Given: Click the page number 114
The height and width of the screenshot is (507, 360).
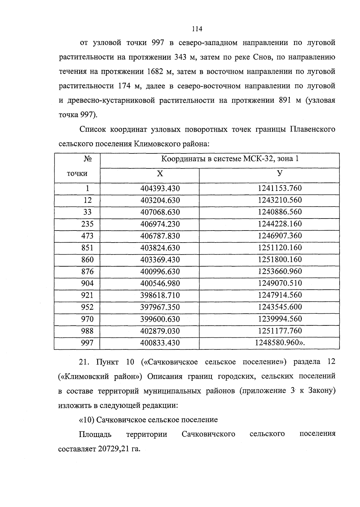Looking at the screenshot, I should point(197,29).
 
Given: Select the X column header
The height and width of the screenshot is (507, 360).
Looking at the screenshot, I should point(160,174).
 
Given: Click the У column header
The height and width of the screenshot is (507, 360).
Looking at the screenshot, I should point(280,174).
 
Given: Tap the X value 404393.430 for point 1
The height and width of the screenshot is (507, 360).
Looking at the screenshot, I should point(160,189).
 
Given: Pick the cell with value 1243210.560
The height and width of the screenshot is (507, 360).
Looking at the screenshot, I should point(280,200).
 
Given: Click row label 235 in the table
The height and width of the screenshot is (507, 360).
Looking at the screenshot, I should point(87,224).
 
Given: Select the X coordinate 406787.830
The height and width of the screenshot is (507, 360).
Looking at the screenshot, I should point(160,236).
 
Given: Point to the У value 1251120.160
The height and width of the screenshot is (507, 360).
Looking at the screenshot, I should point(280,248).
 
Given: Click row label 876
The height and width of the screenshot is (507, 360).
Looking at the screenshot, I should point(87,272).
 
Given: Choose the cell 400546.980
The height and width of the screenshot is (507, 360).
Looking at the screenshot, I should point(160,283).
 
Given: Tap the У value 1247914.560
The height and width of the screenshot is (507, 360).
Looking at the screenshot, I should point(280,295).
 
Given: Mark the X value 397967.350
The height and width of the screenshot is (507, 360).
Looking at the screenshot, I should point(160,307).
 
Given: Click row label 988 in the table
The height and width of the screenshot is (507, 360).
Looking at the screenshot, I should point(87,331).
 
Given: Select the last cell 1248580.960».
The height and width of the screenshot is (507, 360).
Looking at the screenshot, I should point(280,343).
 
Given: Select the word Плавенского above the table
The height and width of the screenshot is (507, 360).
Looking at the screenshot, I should point(312,130).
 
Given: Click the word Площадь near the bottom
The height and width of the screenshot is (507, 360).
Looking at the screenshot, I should point(95,434).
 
